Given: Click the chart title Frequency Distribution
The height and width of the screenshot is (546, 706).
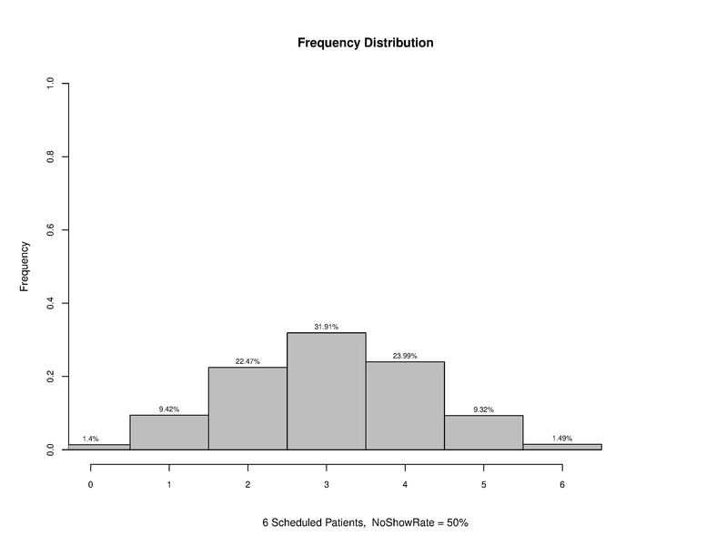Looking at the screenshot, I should pos(365,43).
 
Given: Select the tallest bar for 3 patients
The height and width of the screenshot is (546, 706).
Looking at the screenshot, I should pos(326,391).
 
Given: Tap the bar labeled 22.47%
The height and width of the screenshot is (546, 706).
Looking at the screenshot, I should pos(247,409).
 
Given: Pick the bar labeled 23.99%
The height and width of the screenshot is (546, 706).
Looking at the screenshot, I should pos(405,406).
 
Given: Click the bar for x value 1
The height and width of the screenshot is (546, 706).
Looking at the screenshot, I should pos(169,432).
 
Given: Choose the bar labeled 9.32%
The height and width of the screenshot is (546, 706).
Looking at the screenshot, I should pos(483,432).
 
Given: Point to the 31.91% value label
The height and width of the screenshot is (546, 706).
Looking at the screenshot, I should pos(326,327).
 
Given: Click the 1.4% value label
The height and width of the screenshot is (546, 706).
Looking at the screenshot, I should pos(90,439).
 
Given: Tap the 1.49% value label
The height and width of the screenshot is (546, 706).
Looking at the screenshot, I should pos(561,438).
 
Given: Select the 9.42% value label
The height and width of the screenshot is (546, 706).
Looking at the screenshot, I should pos(169,409).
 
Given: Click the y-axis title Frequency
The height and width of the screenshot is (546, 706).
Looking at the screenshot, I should pos(25,266).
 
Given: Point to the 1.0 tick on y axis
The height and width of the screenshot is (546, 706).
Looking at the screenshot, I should pos(50,84).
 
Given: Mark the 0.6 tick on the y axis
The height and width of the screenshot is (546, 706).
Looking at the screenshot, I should pos(50,230).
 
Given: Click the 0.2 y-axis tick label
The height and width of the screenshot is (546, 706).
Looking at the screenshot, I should pos(50,376).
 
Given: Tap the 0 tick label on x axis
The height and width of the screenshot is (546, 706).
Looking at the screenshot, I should pos(90,485).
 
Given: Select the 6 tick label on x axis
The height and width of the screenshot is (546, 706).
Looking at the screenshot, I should pos(561,485).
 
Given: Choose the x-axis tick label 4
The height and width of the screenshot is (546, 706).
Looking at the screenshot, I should pos(405,485).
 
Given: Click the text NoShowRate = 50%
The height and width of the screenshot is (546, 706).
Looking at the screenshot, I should pos(419,523).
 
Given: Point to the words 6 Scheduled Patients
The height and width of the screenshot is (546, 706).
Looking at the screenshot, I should pos(313,523).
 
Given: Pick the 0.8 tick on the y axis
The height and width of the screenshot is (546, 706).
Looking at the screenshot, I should pos(50,157).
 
